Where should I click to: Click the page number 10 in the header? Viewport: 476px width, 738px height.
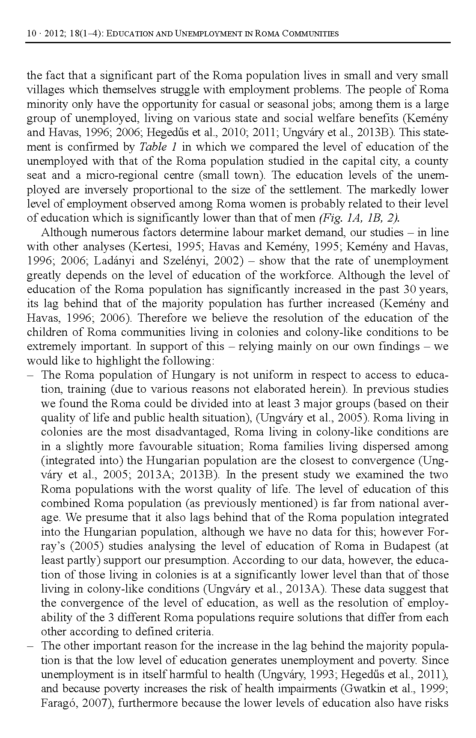[30, 33]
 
